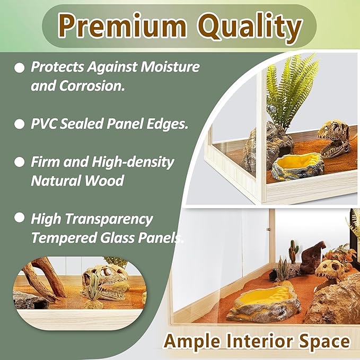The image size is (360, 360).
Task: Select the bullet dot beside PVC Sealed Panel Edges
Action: pos(20,125)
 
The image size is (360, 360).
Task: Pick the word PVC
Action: pos(45,125)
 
